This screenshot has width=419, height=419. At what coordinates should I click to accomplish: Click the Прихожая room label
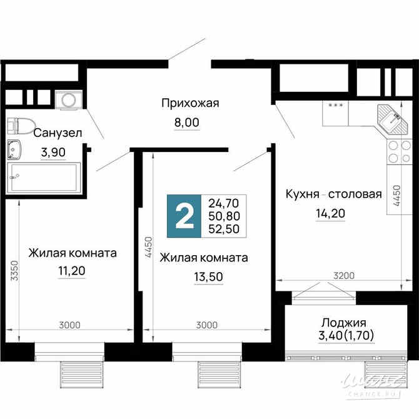coord(189,103)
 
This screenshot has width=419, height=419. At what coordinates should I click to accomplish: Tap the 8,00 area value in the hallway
coord(186,123)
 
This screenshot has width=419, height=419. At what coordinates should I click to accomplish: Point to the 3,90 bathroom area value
coord(53,151)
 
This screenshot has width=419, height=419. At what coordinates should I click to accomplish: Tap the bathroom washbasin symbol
coord(14,150)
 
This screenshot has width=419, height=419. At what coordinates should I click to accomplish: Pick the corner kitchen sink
coord(391,118)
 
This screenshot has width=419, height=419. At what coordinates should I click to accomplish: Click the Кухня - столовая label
coord(333,194)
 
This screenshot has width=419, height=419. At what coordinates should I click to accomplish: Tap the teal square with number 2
coord(184,216)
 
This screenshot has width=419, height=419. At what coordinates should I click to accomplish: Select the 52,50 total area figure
coord(225,230)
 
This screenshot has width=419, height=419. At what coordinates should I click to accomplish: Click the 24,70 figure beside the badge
coord(225,203)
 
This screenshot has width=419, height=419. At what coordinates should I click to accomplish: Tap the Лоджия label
coord(343,323)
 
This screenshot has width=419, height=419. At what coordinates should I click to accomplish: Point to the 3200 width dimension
coord(343,275)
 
